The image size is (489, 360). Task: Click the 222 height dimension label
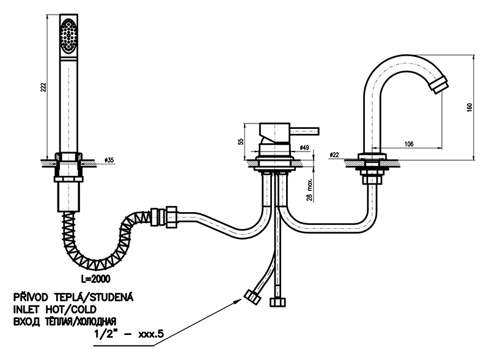[43, 87]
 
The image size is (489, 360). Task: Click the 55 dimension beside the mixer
[240, 141]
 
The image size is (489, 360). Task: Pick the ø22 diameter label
[334, 155]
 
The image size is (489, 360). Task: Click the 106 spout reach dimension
[409, 144]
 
